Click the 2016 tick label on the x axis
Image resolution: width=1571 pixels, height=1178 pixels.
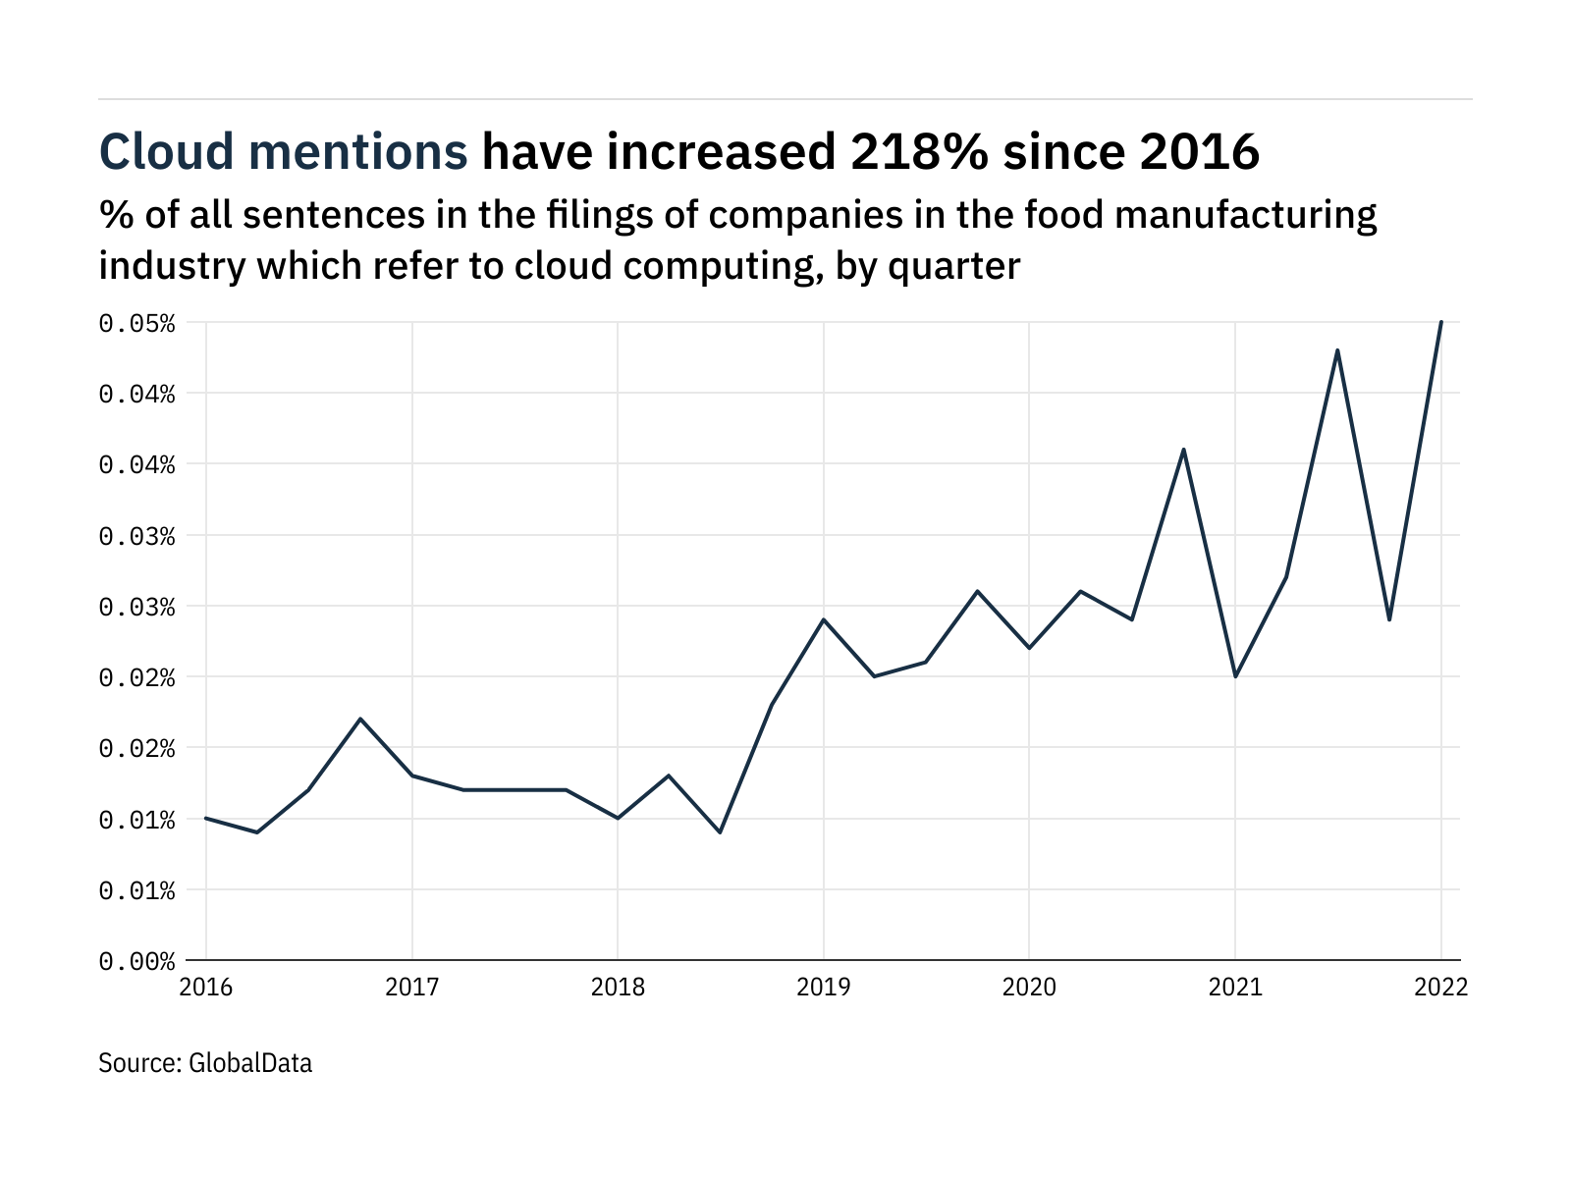pyautogui.click(x=206, y=987)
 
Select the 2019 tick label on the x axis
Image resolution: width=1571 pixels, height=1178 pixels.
pyautogui.click(x=823, y=987)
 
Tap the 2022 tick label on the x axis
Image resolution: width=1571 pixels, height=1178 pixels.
pyautogui.click(x=1440, y=987)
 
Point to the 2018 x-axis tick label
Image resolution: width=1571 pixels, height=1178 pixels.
pyautogui.click(x=618, y=987)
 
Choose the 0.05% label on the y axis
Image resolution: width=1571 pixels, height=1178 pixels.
pyautogui.click(x=136, y=323)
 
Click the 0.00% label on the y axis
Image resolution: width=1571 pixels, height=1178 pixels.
pyautogui.click(x=136, y=961)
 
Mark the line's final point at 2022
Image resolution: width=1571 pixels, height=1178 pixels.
pyautogui.click(x=1440, y=322)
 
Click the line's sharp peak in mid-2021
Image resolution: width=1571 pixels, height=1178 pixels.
pyautogui.click(x=1337, y=350)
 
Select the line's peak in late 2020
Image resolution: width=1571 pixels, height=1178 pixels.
pyautogui.click(x=1183, y=450)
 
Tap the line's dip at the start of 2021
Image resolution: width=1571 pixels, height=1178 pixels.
pyautogui.click(x=1235, y=676)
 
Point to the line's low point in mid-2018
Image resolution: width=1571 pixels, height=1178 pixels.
pyautogui.click(x=720, y=832)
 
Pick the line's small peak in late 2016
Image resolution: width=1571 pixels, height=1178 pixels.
pyautogui.click(x=360, y=719)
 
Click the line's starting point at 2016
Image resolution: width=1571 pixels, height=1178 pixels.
pyautogui.click(x=206, y=818)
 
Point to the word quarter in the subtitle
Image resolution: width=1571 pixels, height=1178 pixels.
pyautogui.click(x=953, y=266)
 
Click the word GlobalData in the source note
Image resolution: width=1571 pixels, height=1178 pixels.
pyautogui.click(x=249, y=1063)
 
